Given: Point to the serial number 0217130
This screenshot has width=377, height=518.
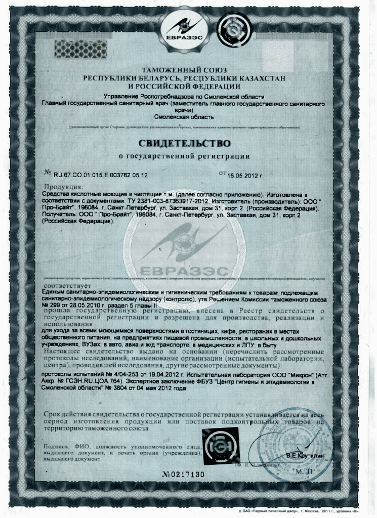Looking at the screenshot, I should pyautogui.click(x=188, y=474).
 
